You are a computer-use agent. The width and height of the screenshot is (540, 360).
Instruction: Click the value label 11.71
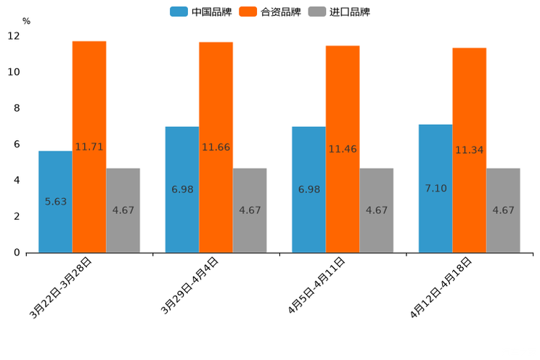pos(89,147)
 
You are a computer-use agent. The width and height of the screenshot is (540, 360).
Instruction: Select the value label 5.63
pos(56,202)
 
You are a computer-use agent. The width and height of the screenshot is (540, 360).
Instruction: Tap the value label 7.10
pos(435,189)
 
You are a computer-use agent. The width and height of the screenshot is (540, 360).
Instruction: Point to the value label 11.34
pos(469,150)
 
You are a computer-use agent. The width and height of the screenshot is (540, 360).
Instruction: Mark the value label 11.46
pos(343,149)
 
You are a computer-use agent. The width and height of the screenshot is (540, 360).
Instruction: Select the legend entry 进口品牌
pos(340,12)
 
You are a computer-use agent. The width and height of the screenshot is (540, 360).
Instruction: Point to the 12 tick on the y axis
pos(14,36)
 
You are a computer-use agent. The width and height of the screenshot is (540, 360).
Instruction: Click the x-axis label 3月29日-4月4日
pos(189,286)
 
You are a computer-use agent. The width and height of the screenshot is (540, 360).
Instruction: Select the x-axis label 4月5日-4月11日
pos(316,286)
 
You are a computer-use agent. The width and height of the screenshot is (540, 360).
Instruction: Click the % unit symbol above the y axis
pos(26,21)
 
